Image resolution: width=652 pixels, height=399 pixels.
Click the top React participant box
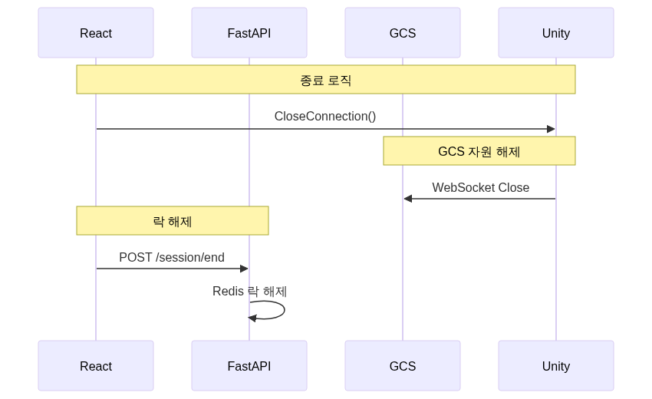[96, 33]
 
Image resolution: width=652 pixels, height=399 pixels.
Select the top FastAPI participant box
[249, 33]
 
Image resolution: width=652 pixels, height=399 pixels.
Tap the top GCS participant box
[403, 33]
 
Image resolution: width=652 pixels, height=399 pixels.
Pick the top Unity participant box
[556, 33]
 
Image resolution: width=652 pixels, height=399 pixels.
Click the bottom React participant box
[96, 366]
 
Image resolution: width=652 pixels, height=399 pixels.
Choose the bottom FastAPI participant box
[249, 366]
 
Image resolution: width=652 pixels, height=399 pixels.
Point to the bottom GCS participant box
[403, 366]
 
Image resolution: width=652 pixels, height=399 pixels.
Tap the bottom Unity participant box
[556, 366]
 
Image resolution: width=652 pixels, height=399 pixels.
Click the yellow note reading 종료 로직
[326, 80]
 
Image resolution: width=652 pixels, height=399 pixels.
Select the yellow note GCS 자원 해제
[479, 151]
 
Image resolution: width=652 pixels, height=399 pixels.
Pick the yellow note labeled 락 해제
[173, 221]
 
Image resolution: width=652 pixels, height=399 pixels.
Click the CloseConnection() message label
[325, 117]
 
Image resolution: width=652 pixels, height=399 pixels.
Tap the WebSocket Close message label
[480, 187]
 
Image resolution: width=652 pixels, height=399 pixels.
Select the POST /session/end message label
[172, 257]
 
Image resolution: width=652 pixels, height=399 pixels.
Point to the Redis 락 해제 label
[250, 292]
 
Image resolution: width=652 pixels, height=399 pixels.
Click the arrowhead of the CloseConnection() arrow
[551, 129]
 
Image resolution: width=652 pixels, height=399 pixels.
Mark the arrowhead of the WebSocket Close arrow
[408, 199]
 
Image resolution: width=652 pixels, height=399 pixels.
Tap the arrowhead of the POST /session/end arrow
[244, 269]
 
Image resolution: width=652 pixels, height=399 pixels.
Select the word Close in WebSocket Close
[514, 187]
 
